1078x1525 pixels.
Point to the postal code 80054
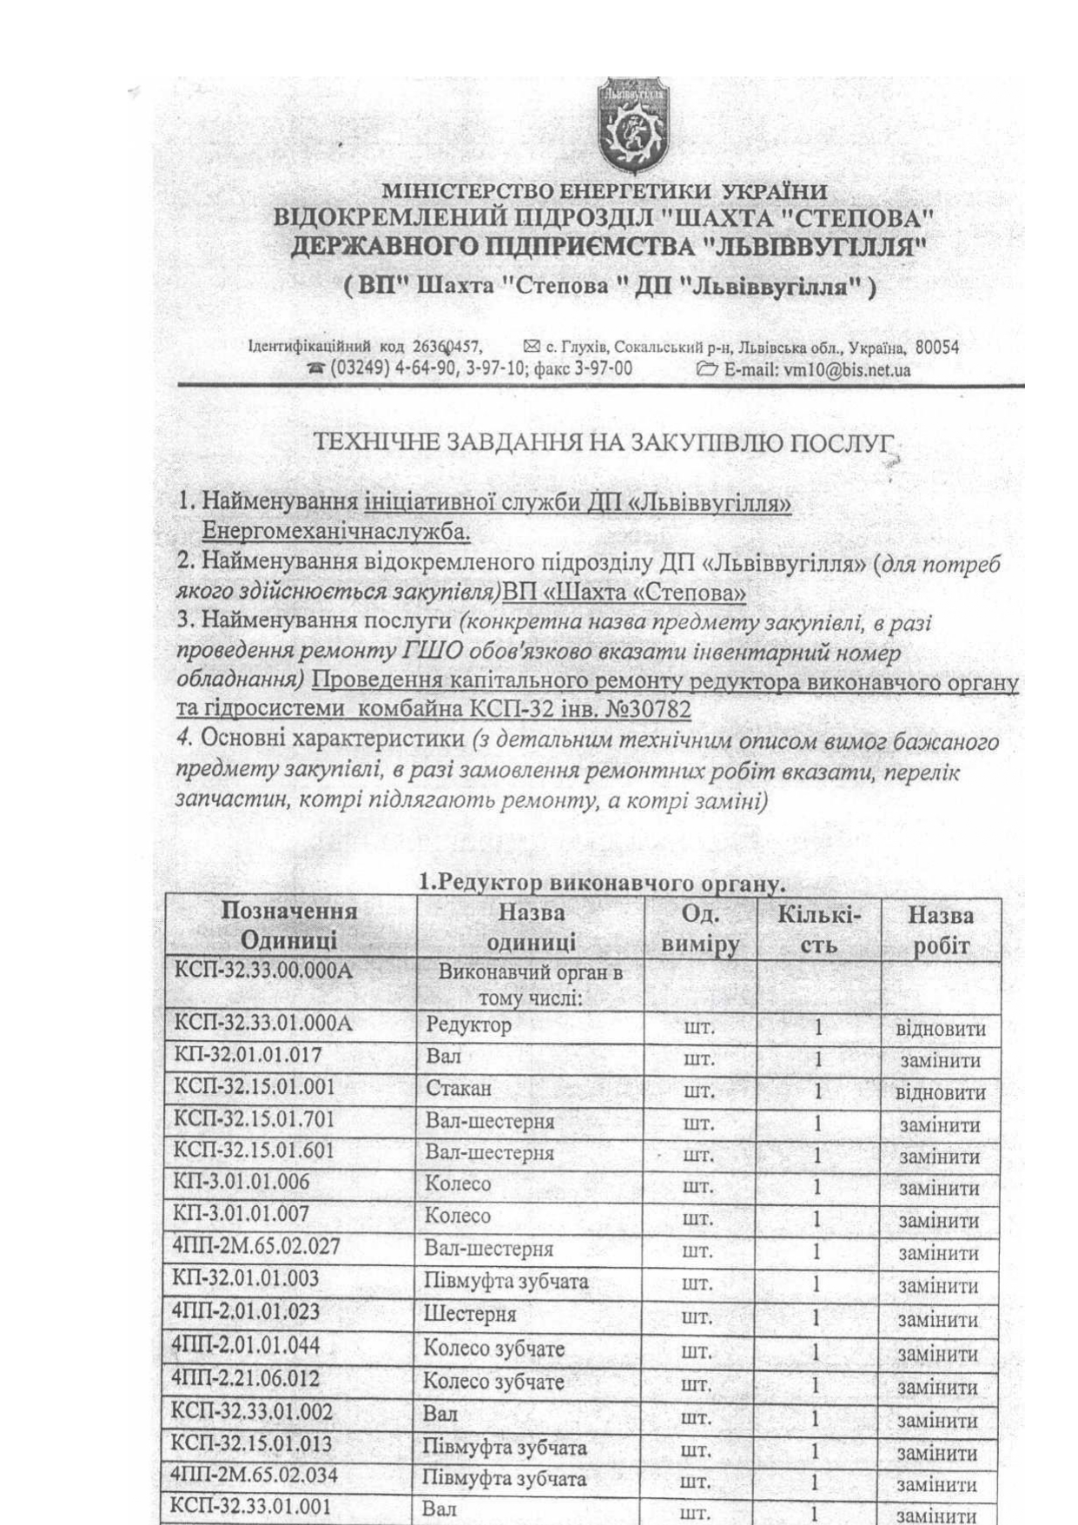937,348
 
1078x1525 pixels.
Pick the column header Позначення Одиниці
289,926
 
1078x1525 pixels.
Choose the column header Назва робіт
941,929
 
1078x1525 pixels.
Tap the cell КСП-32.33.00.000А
264,971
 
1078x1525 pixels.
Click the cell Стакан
458,1089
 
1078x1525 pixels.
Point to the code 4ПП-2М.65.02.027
256,1247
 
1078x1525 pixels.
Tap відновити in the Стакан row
941,1093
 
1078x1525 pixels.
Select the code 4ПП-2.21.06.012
246,1379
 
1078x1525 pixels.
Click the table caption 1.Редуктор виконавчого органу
602,883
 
